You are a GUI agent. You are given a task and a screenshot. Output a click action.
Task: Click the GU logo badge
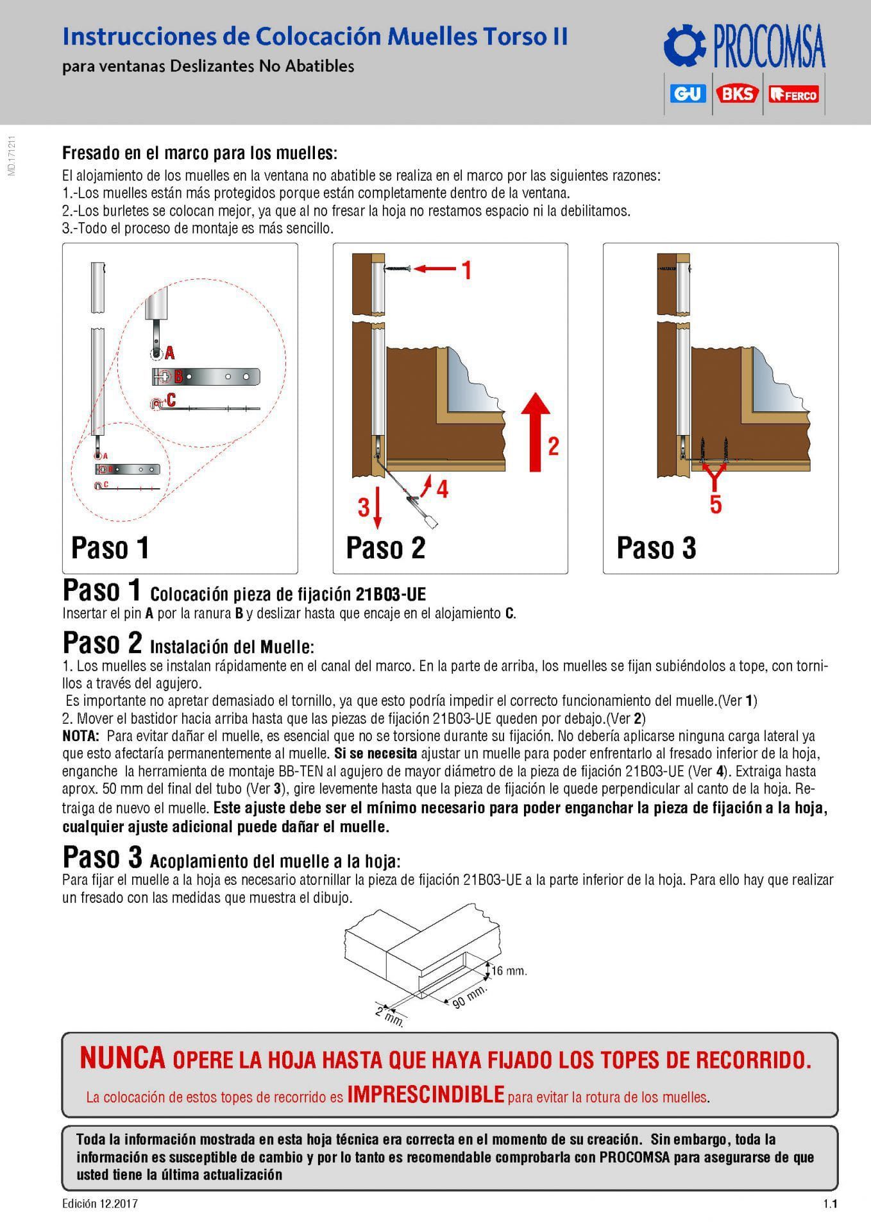pyautogui.click(x=688, y=94)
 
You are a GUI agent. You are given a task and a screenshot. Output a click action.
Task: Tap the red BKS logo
pyautogui.click(x=738, y=94)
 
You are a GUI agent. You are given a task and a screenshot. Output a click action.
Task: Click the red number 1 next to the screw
pyautogui.click(x=468, y=270)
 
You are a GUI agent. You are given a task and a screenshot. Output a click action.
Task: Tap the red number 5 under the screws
pyautogui.click(x=716, y=504)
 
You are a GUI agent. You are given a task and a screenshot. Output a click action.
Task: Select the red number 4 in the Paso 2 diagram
pyautogui.click(x=442, y=490)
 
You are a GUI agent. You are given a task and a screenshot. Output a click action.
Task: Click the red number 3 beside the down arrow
pyautogui.click(x=364, y=508)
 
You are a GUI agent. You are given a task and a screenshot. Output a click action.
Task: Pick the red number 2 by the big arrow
pyautogui.click(x=553, y=446)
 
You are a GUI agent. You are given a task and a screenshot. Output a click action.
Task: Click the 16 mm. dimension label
pyautogui.click(x=509, y=971)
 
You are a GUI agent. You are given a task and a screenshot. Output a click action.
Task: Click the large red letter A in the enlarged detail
pyautogui.click(x=170, y=352)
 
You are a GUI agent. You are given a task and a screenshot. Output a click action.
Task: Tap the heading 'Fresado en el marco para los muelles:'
pyautogui.click(x=199, y=154)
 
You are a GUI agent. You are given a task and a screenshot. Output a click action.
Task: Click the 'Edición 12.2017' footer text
pyautogui.click(x=100, y=1204)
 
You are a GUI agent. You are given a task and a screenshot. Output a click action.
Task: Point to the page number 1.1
pyautogui.click(x=831, y=1204)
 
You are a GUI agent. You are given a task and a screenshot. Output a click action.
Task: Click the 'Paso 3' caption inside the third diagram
pyautogui.click(x=656, y=548)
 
